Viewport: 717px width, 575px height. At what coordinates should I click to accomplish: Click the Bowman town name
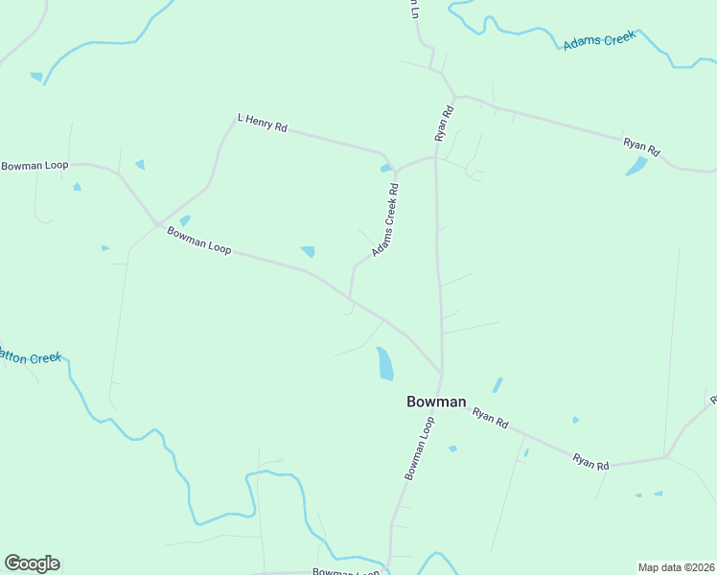click(436, 402)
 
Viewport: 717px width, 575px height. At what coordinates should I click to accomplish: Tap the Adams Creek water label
click(600, 41)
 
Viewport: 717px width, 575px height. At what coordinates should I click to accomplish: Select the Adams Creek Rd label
click(385, 219)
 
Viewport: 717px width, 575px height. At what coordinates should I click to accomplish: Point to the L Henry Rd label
click(262, 123)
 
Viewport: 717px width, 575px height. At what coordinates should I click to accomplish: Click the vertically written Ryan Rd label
click(444, 124)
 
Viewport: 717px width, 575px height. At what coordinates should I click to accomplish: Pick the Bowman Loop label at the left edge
click(35, 166)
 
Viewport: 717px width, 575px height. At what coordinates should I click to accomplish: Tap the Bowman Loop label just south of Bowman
click(420, 448)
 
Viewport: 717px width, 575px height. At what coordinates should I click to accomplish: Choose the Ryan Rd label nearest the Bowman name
click(490, 418)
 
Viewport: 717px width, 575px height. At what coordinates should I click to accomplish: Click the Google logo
click(32, 563)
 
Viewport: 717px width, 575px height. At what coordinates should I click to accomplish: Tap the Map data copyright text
click(676, 566)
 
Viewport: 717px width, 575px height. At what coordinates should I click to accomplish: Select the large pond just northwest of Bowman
click(384, 363)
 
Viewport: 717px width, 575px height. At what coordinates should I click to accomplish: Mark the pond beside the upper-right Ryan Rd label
click(636, 166)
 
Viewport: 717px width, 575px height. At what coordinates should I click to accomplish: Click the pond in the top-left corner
click(36, 77)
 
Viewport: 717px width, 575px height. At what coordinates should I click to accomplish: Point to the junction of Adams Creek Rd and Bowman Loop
click(351, 299)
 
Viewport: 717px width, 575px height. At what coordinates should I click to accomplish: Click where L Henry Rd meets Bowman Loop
click(157, 224)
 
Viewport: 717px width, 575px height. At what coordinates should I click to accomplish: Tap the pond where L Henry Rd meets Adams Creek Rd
click(386, 169)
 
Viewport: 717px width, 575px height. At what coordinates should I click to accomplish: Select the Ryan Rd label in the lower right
click(590, 461)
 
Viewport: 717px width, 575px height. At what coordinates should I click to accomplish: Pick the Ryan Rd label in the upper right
click(641, 147)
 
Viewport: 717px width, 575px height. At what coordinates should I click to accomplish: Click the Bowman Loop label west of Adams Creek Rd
click(199, 241)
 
